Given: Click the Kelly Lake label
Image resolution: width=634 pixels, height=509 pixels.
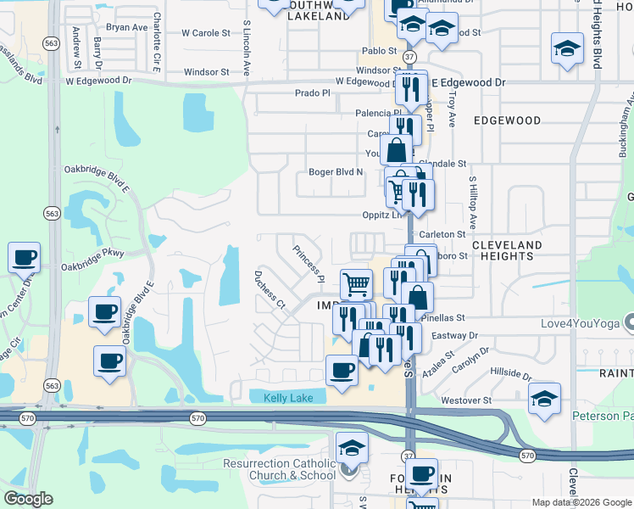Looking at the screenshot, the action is pyautogui.click(x=288, y=398).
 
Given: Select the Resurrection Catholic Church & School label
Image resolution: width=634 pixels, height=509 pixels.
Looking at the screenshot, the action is pyautogui.click(x=281, y=469).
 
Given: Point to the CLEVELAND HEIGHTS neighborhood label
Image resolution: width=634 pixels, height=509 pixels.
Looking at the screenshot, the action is pyautogui.click(x=506, y=250).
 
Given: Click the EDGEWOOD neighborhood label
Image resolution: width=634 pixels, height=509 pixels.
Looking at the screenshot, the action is pyautogui.click(x=507, y=120).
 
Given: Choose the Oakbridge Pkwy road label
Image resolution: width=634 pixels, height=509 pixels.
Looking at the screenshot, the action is pyautogui.click(x=92, y=266).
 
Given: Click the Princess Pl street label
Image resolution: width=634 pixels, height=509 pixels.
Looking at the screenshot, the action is pyautogui.click(x=309, y=264).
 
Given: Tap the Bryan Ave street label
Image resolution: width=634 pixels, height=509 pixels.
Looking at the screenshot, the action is pyautogui.click(x=127, y=27).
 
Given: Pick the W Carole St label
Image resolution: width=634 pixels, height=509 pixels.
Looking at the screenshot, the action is pyautogui.click(x=206, y=34).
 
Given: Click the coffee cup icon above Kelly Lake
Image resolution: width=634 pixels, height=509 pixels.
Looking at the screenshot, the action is pyautogui.click(x=342, y=370).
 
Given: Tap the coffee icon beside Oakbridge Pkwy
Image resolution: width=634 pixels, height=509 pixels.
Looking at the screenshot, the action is pyautogui.click(x=24, y=256).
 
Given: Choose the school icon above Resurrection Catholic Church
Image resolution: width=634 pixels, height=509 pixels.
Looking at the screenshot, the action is pyautogui.click(x=352, y=447).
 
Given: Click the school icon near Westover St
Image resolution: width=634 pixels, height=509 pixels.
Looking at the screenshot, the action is pyautogui.click(x=543, y=398).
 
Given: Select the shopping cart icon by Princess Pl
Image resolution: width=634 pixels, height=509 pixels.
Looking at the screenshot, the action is pyautogui.click(x=356, y=283).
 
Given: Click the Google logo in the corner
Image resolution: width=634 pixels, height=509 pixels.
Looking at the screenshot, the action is pyautogui.click(x=28, y=499).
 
